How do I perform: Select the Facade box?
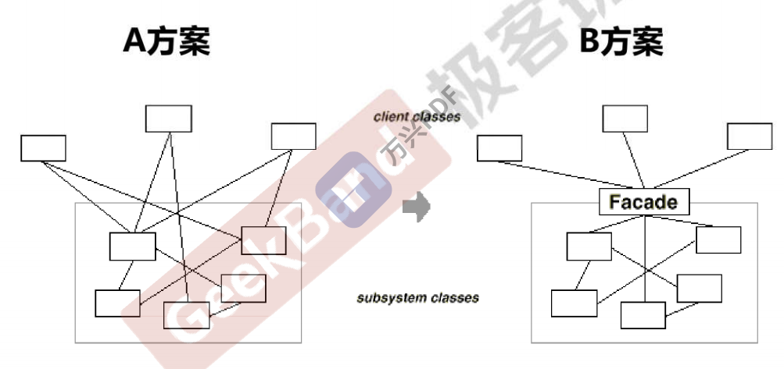pyautogui.click(x=643, y=202)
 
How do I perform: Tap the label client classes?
pyautogui.click(x=417, y=117)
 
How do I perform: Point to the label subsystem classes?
pyautogui.click(x=418, y=298)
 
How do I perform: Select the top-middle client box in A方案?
pyautogui.click(x=169, y=118)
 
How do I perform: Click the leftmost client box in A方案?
pyautogui.click(x=44, y=147)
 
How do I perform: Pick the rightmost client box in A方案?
pyautogui.click(x=293, y=136)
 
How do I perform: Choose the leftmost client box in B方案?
pyautogui.click(x=499, y=147)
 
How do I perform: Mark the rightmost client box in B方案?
pyautogui.click(x=750, y=136)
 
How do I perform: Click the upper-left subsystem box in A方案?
pyautogui.click(x=132, y=246)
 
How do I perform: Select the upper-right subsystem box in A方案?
pyautogui.click(x=263, y=240)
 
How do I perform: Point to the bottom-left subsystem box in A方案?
pyautogui.click(x=118, y=303)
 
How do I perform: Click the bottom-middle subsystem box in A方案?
pyautogui.click(x=186, y=314)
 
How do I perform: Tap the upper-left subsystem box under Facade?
pyautogui.click(x=589, y=246)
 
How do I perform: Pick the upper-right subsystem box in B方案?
pyautogui.click(x=718, y=239)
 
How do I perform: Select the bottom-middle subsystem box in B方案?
pyautogui.click(x=643, y=314)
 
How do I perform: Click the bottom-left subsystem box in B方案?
pyautogui.click(x=574, y=303)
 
